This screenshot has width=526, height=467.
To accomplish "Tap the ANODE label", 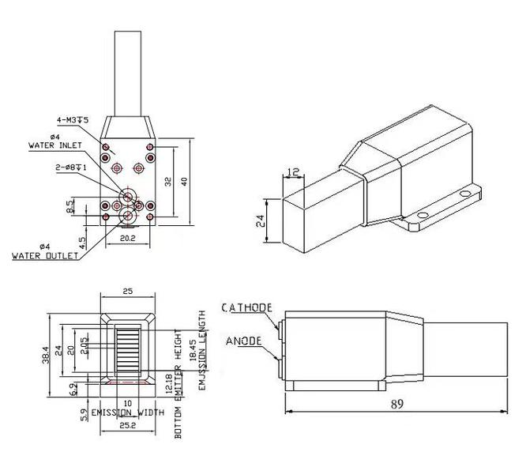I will [x=243, y=341].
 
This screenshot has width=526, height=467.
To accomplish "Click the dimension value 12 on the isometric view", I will [x=292, y=171].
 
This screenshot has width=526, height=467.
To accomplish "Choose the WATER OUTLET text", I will [x=45, y=255].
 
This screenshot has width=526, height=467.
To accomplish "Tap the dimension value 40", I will [x=184, y=181].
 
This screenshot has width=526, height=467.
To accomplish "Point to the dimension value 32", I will [x=168, y=181].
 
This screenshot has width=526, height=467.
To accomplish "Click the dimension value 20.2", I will [x=128, y=236].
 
